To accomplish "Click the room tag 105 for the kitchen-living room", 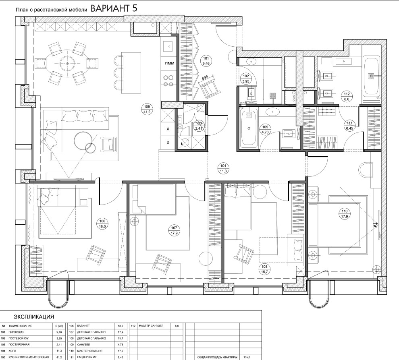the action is (x=147, y=109).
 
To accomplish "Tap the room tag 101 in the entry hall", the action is (x=206, y=61).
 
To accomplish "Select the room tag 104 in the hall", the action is (x=223, y=169).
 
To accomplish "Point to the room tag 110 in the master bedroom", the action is (x=345, y=214).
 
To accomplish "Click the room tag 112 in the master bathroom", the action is (x=347, y=97).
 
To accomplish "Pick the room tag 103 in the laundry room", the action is (x=198, y=126).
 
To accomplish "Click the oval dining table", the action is (x=68, y=63).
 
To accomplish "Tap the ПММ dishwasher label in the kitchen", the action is (x=169, y=63).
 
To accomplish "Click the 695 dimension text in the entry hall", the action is (x=205, y=78).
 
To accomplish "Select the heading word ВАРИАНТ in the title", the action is (x=110, y=8).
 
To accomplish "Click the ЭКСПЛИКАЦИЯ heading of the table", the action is (x=34, y=317).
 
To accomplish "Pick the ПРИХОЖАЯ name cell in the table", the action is (x=16, y=332).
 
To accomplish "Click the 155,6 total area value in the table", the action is (x=247, y=357).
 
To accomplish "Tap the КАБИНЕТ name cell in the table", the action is (x=83, y=326).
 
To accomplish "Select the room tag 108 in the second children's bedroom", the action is (x=264, y=269).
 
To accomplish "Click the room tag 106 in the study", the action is (x=102, y=224).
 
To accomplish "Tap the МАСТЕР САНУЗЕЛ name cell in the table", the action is (x=151, y=326).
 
